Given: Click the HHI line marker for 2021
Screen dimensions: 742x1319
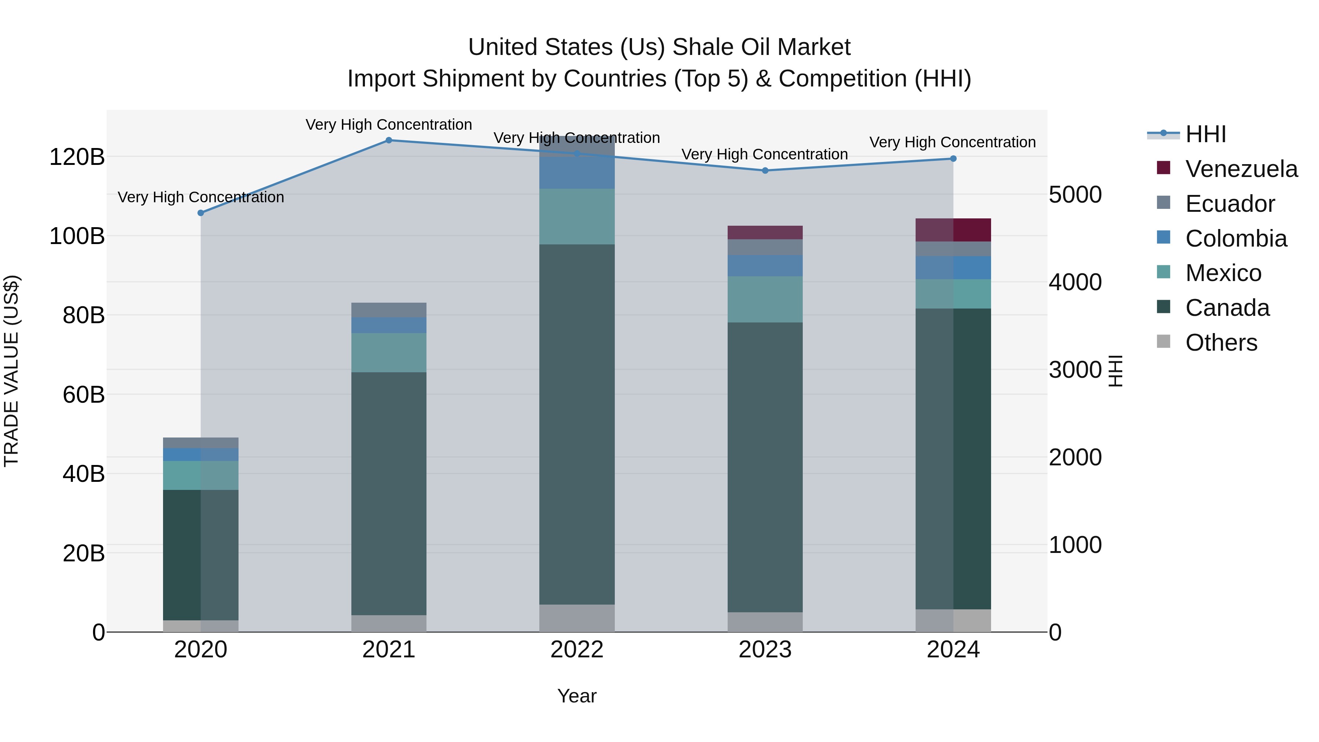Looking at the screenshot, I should (x=389, y=140).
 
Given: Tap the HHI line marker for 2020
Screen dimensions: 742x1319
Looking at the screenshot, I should (x=201, y=213).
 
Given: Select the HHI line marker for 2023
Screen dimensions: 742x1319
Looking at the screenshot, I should (x=765, y=170).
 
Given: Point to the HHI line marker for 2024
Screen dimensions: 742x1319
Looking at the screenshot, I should (x=953, y=159).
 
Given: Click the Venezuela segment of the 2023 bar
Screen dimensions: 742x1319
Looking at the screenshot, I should (x=765, y=232).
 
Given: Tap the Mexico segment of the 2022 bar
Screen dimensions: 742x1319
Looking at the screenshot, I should (x=577, y=217).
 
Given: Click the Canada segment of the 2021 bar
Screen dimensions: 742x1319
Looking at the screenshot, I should (x=389, y=493).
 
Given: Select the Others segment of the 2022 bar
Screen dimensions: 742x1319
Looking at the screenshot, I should (x=577, y=618).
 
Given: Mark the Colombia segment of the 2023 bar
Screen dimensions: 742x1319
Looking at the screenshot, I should (x=765, y=266).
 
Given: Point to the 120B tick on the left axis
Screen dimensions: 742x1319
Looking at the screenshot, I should (x=77, y=157).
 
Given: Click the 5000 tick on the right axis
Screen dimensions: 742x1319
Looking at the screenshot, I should (x=1075, y=195).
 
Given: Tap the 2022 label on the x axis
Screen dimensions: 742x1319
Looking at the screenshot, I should (x=577, y=650).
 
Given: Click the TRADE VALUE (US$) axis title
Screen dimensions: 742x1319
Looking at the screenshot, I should (x=11, y=371).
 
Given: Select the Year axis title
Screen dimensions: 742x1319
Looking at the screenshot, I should (x=577, y=696).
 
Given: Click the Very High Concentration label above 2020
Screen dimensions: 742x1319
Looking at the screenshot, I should (x=201, y=197).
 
